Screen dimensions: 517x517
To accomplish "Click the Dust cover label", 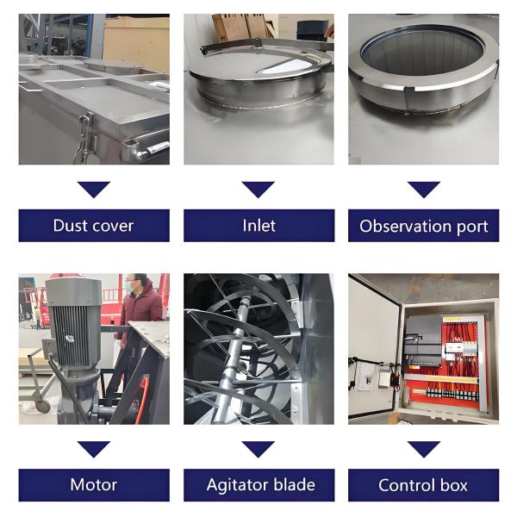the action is click(94, 226).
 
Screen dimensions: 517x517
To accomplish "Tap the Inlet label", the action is click(258, 226).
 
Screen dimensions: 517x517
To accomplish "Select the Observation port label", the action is click(423, 226).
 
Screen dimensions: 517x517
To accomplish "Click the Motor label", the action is click(94, 485).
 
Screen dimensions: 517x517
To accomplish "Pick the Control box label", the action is click(423, 485).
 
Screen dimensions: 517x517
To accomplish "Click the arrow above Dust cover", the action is click(94, 190).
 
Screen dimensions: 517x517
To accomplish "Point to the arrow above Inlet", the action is click(258, 190).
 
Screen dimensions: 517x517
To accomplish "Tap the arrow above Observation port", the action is click(424, 190).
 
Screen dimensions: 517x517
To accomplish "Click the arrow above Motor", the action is click(94, 449).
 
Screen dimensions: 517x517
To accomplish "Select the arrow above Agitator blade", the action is click(258, 449).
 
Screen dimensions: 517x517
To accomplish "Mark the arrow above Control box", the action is click(424, 449).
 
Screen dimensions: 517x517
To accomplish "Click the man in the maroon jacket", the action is click(139, 307).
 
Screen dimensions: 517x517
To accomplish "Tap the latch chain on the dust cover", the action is click(84, 139).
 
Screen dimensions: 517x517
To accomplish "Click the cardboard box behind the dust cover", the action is click(136, 43).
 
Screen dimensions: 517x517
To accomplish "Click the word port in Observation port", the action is click(472, 227).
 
